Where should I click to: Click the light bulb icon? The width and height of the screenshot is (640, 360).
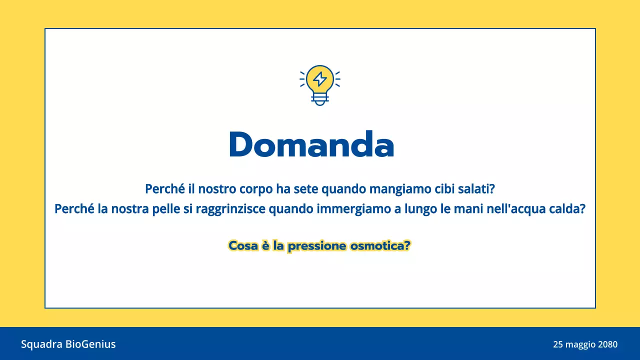[x=320, y=84]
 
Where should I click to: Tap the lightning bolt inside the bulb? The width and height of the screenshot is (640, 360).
[x=320, y=79]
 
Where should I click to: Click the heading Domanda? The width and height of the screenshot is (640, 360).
[x=311, y=145]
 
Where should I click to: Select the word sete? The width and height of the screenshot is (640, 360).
[x=304, y=189]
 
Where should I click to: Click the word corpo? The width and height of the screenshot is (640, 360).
[x=253, y=189]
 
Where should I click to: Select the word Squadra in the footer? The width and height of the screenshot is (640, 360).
[x=41, y=344]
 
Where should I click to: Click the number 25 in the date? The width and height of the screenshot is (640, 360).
[x=558, y=344]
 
